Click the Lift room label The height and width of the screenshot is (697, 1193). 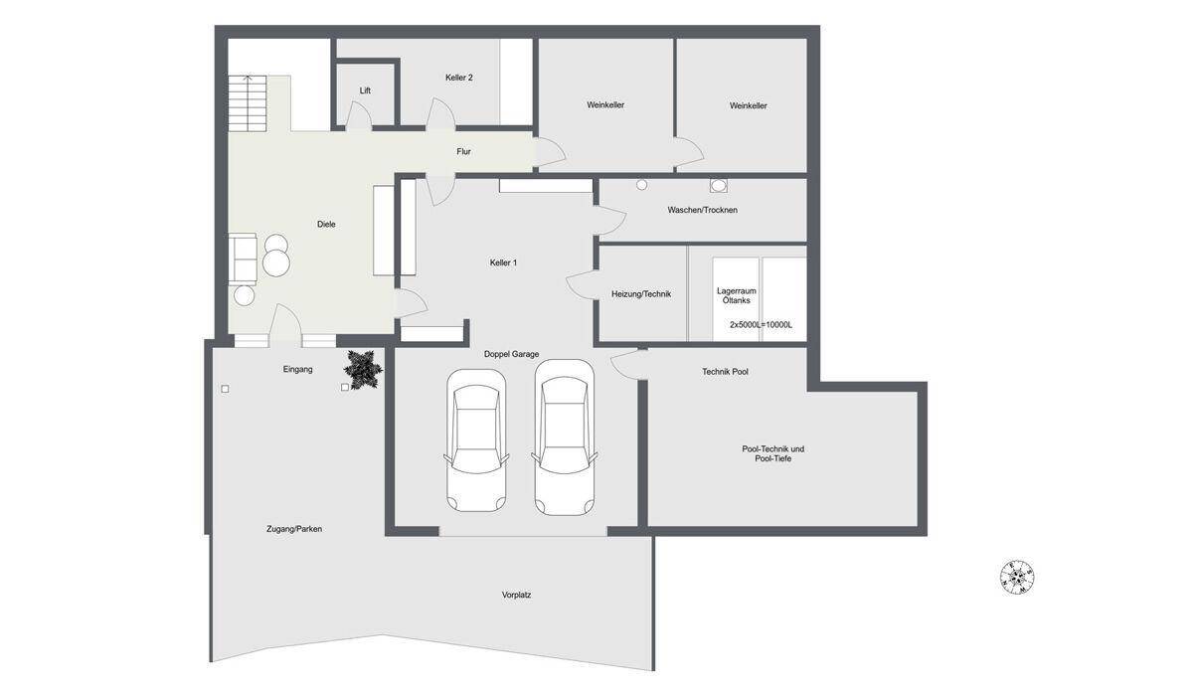tap(365, 90)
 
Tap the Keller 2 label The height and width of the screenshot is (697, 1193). tap(459, 78)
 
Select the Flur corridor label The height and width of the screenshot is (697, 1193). tap(464, 152)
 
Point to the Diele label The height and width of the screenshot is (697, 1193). tap(326, 224)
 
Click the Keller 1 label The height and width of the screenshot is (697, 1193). tap(503, 262)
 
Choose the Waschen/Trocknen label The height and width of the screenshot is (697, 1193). tap(703, 210)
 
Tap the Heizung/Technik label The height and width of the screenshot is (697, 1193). tap(641, 294)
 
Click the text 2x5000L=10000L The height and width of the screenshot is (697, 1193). tap(762, 324)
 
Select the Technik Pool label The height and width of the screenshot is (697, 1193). tap(725, 372)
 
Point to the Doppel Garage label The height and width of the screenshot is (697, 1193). tap(511, 354)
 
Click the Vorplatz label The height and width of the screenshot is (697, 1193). tap(516, 595)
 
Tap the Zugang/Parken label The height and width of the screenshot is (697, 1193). tap(294, 529)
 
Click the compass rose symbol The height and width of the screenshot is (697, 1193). tap(1017, 578)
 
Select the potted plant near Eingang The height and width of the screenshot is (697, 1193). tap(363, 369)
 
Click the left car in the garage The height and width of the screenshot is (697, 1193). tap(476, 440)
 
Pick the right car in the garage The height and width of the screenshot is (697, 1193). tap(565, 437)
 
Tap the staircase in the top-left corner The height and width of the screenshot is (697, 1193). tap(248, 103)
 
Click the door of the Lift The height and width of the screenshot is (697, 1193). tap(359, 115)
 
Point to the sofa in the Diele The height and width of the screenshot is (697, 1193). tap(243, 260)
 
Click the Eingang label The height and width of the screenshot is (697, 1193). tap(297, 369)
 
